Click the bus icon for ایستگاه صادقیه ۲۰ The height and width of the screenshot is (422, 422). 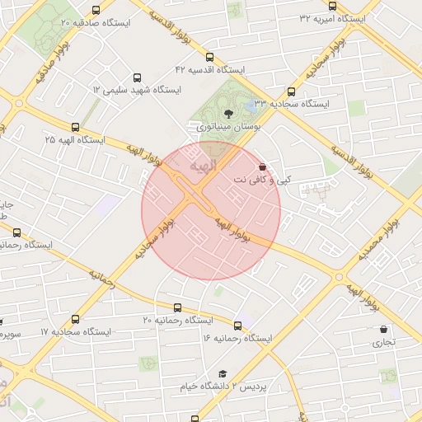coord(96,11)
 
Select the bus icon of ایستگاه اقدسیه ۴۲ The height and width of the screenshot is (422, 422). coord(209,59)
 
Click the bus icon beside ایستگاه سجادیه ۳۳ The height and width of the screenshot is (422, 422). coord(291,92)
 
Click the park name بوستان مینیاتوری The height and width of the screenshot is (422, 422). coord(229,129)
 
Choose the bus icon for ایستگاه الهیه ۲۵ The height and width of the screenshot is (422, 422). coord(76,127)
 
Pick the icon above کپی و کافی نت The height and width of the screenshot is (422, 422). coord(262,166)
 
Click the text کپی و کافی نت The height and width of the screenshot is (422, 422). coord(262,179)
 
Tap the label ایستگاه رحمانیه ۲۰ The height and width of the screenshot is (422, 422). coord(178,319)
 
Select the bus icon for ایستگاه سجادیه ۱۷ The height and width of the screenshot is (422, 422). coord(76,319)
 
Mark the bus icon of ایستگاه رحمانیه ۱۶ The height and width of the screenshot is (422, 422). coord(239,326)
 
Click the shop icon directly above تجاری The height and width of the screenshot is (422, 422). coord(383,329)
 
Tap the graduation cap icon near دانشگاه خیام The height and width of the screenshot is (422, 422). coord(222,373)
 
